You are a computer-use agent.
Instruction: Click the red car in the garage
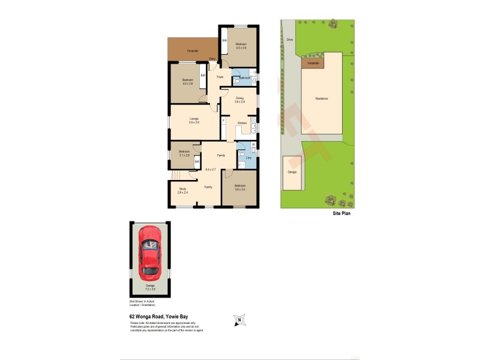coord(150,253)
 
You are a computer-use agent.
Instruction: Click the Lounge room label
coord(193,120)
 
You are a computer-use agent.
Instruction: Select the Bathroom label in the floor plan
coord(244,79)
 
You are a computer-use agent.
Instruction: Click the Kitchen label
coord(242,123)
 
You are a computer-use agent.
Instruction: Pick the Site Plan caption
coord(342,214)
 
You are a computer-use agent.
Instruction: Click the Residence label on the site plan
coord(322,98)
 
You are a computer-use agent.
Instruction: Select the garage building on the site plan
coord(292,173)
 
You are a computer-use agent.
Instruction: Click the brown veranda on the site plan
coord(313,63)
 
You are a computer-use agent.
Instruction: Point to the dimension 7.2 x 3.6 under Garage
coord(150,289)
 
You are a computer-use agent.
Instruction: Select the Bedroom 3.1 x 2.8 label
coord(184,153)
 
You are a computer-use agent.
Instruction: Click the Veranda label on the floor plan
coord(193,50)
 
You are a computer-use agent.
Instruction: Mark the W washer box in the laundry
coord(253,145)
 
